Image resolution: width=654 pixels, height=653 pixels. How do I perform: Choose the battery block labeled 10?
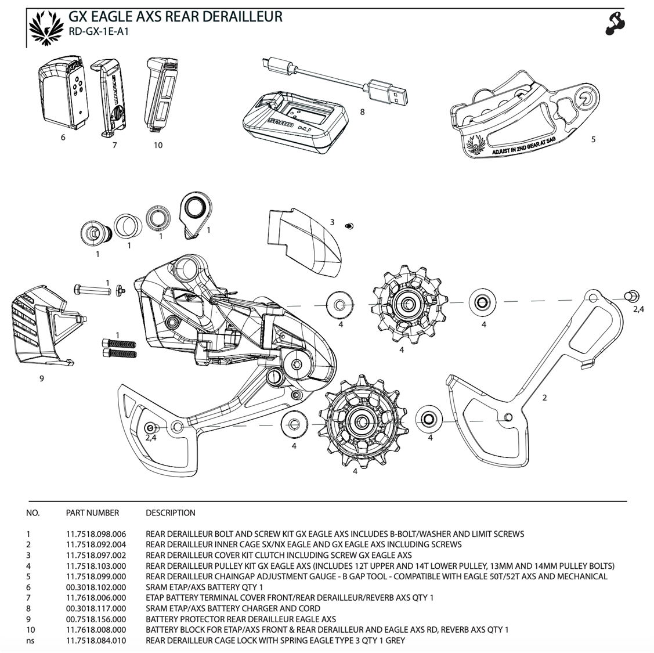(x=161, y=96)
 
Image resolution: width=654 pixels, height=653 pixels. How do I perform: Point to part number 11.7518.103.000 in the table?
(x=96, y=566)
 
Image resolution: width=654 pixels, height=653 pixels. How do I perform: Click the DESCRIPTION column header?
(x=170, y=513)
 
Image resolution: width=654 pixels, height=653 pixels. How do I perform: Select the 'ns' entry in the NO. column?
(x=30, y=640)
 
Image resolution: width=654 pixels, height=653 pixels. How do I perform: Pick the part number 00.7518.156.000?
(x=96, y=619)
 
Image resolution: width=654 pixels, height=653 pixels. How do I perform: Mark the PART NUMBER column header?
(x=92, y=513)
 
